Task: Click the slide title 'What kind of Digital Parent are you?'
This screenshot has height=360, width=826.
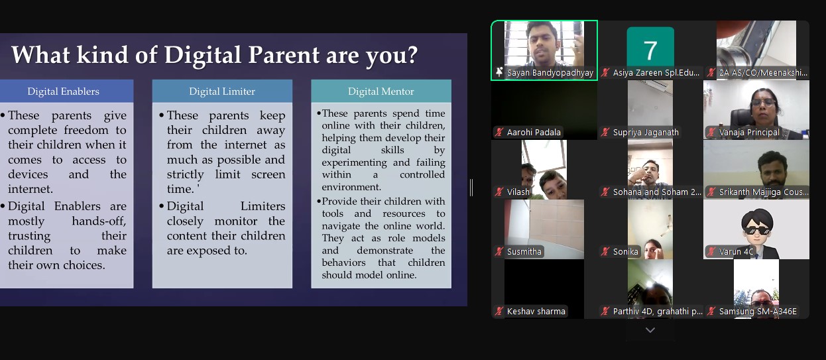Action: point(214,55)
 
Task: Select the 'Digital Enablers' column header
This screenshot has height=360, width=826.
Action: point(63,91)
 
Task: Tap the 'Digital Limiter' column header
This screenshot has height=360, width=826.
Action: point(222,91)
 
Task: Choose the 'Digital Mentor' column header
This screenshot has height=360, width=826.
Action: point(381,91)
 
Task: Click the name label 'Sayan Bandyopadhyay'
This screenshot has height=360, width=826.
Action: point(550,73)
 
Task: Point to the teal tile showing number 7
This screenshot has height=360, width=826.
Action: point(650,47)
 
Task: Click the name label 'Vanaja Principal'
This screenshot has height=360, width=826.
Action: point(749,132)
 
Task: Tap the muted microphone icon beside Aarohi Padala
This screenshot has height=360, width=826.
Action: point(499,132)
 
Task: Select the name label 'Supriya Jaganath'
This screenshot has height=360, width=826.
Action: point(646,132)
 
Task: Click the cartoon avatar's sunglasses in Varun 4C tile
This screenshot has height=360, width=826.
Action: point(757,231)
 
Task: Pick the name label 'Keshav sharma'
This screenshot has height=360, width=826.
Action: point(536,312)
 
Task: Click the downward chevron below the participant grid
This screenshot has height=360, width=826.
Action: point(650,330)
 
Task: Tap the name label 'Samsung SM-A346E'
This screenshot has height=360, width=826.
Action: point(758,312)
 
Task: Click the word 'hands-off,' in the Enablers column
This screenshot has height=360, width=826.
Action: point(99,221)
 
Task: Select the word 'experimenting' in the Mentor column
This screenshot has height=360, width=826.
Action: point(355,162)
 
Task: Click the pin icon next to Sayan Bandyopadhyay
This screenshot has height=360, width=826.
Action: point(499,72)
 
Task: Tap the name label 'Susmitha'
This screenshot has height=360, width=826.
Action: point(524,251)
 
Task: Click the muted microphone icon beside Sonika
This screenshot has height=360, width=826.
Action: point(605,251)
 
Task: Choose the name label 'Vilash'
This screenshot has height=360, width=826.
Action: point(518,192)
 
